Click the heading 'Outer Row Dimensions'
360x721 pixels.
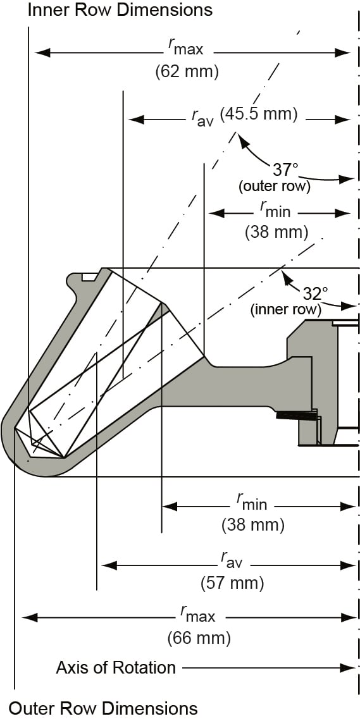tap(103, 708)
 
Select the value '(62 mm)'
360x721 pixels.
tap(187, 71)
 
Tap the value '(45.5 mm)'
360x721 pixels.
tap(258, 114)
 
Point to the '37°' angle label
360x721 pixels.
tap(285, 169)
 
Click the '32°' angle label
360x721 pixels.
tap(315, 293)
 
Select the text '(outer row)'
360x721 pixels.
tap(274, 187)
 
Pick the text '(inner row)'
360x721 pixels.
tap(285, 310)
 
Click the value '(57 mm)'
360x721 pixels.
tap(232, 582)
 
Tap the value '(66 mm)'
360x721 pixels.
tap(199, 638)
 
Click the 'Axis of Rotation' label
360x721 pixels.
tap(116, 667)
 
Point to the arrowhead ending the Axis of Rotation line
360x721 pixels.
tap(349, 667)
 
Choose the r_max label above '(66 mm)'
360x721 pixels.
tap(197, 613)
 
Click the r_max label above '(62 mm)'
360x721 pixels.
tap(185, 46)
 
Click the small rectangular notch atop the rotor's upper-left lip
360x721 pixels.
tap(89, 276)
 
